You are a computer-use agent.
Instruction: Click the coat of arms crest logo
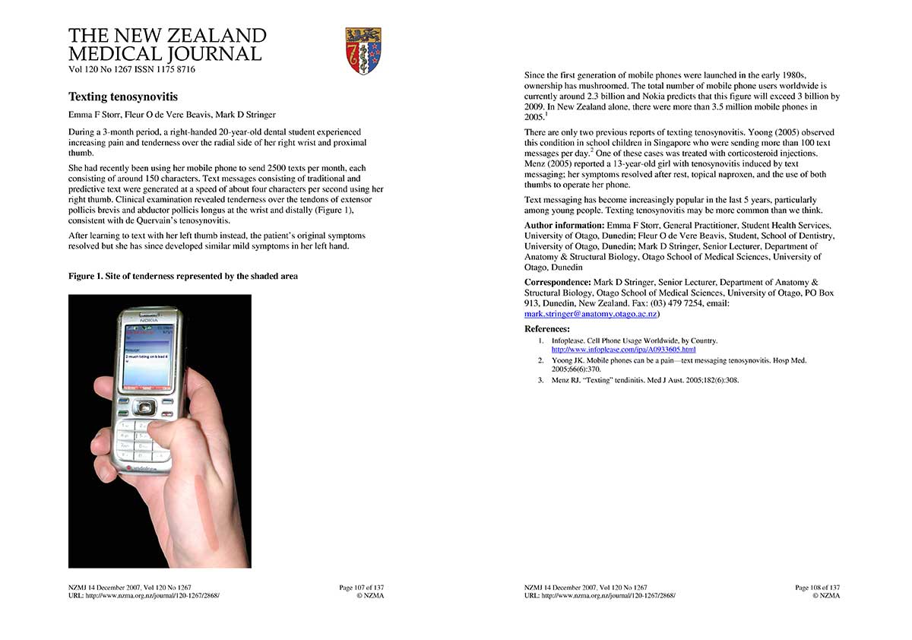[363, 51]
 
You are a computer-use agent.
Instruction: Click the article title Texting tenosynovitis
[123, 97]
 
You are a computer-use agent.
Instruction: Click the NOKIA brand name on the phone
[149, 322]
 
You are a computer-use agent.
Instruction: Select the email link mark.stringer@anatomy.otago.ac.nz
[591, 314]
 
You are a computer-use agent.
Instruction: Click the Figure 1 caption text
[183, 276]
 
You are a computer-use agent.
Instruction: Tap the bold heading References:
[547, 329]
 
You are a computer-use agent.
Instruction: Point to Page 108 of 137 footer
[817, 588]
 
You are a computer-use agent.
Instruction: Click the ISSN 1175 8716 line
[131, 69]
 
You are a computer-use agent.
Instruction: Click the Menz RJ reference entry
[645, 380]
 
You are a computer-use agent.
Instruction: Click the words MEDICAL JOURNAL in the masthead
[165, 53]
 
